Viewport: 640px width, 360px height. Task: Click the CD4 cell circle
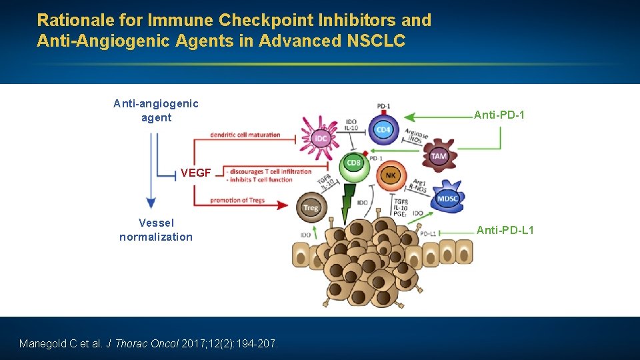(x=383, y=129)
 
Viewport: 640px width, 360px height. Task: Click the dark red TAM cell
(x=438, y=155)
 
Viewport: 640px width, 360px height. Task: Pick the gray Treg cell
(x=311, y=207)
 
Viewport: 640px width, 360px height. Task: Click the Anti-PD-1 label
(x=499, y=115)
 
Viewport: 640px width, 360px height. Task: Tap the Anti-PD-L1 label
(x=505, y=231)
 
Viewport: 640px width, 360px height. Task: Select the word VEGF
(x=195, y=173)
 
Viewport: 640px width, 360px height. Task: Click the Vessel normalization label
(x=156, y=230)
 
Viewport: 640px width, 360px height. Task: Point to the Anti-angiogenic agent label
(x=156, y=111)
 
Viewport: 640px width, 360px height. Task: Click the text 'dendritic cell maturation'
(x=245, y=135)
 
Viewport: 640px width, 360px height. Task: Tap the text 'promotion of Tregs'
(x=237, y=200)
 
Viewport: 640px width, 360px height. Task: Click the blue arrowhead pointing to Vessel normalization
(x=151, y=203)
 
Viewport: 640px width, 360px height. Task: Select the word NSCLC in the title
(x=376, y=41)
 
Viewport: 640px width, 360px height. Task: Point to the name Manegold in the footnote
(x=45, y=344)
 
